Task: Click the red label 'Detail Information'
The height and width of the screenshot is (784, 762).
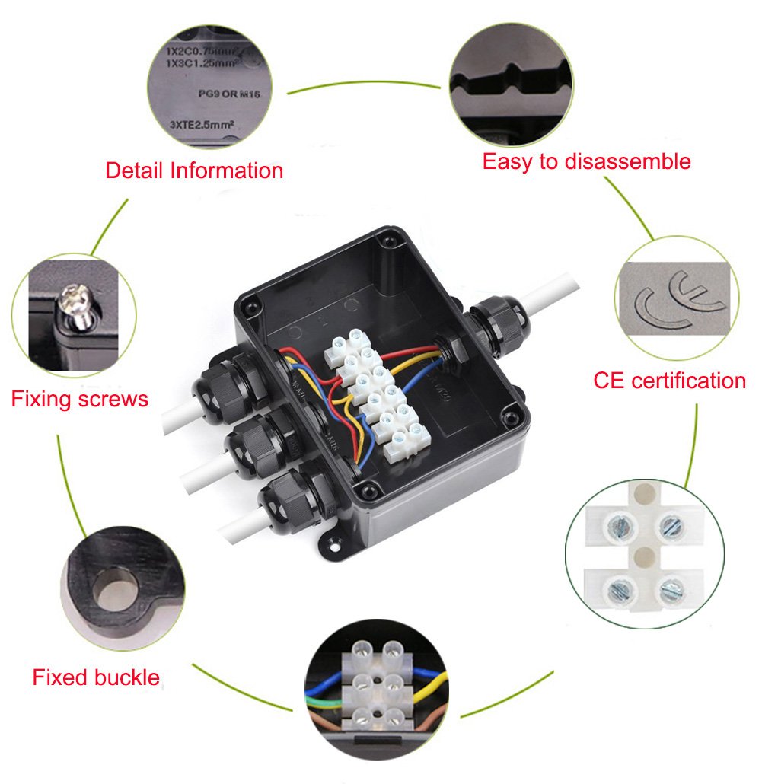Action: click(x=194, y=170)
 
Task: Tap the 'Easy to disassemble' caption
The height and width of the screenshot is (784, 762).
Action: click(x=587, y=161)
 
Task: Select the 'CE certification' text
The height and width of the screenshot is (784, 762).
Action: click(x=669, y=380)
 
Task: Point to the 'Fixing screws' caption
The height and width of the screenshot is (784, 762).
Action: click(x=79, y=398)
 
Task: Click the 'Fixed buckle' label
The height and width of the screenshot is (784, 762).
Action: click(x=96, y=677)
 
